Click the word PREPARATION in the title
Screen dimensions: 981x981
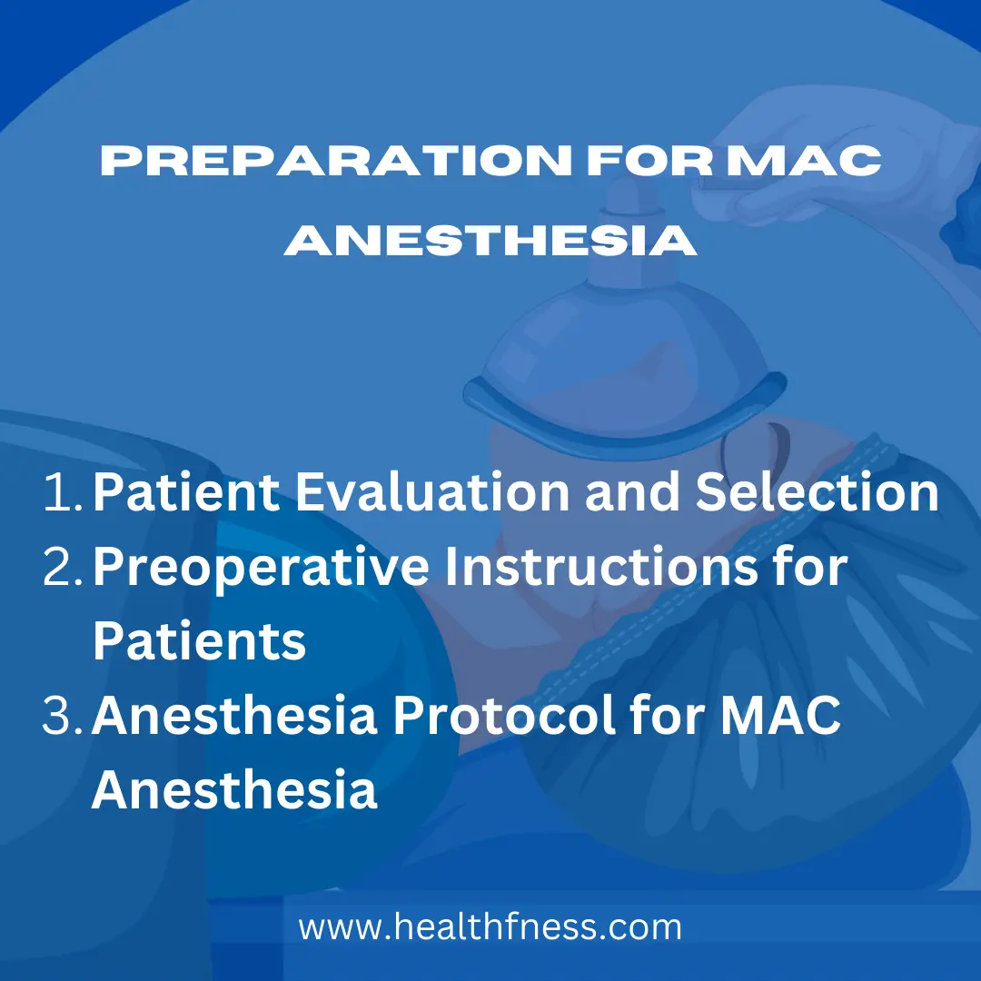click(336, 161)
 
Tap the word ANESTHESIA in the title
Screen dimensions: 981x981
click(490, 240)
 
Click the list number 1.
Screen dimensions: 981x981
click(63, 492)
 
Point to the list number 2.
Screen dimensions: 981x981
click(63, 566)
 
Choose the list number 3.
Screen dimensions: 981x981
click(63, 715)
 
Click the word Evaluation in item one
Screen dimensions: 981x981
click(432, 491)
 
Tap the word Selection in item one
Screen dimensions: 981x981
click(817, 491)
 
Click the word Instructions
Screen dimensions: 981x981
click(600, 566)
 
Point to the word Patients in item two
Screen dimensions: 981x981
click(200, 640)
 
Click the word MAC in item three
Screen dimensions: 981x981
click(780, 715)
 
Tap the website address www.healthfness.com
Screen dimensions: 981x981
click(490, 926)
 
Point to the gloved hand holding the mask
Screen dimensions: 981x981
click(832, 156)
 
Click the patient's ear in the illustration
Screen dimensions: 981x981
click(754, 447)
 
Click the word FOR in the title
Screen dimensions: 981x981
click(649, 161)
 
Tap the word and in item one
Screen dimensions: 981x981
click(632, 491)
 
